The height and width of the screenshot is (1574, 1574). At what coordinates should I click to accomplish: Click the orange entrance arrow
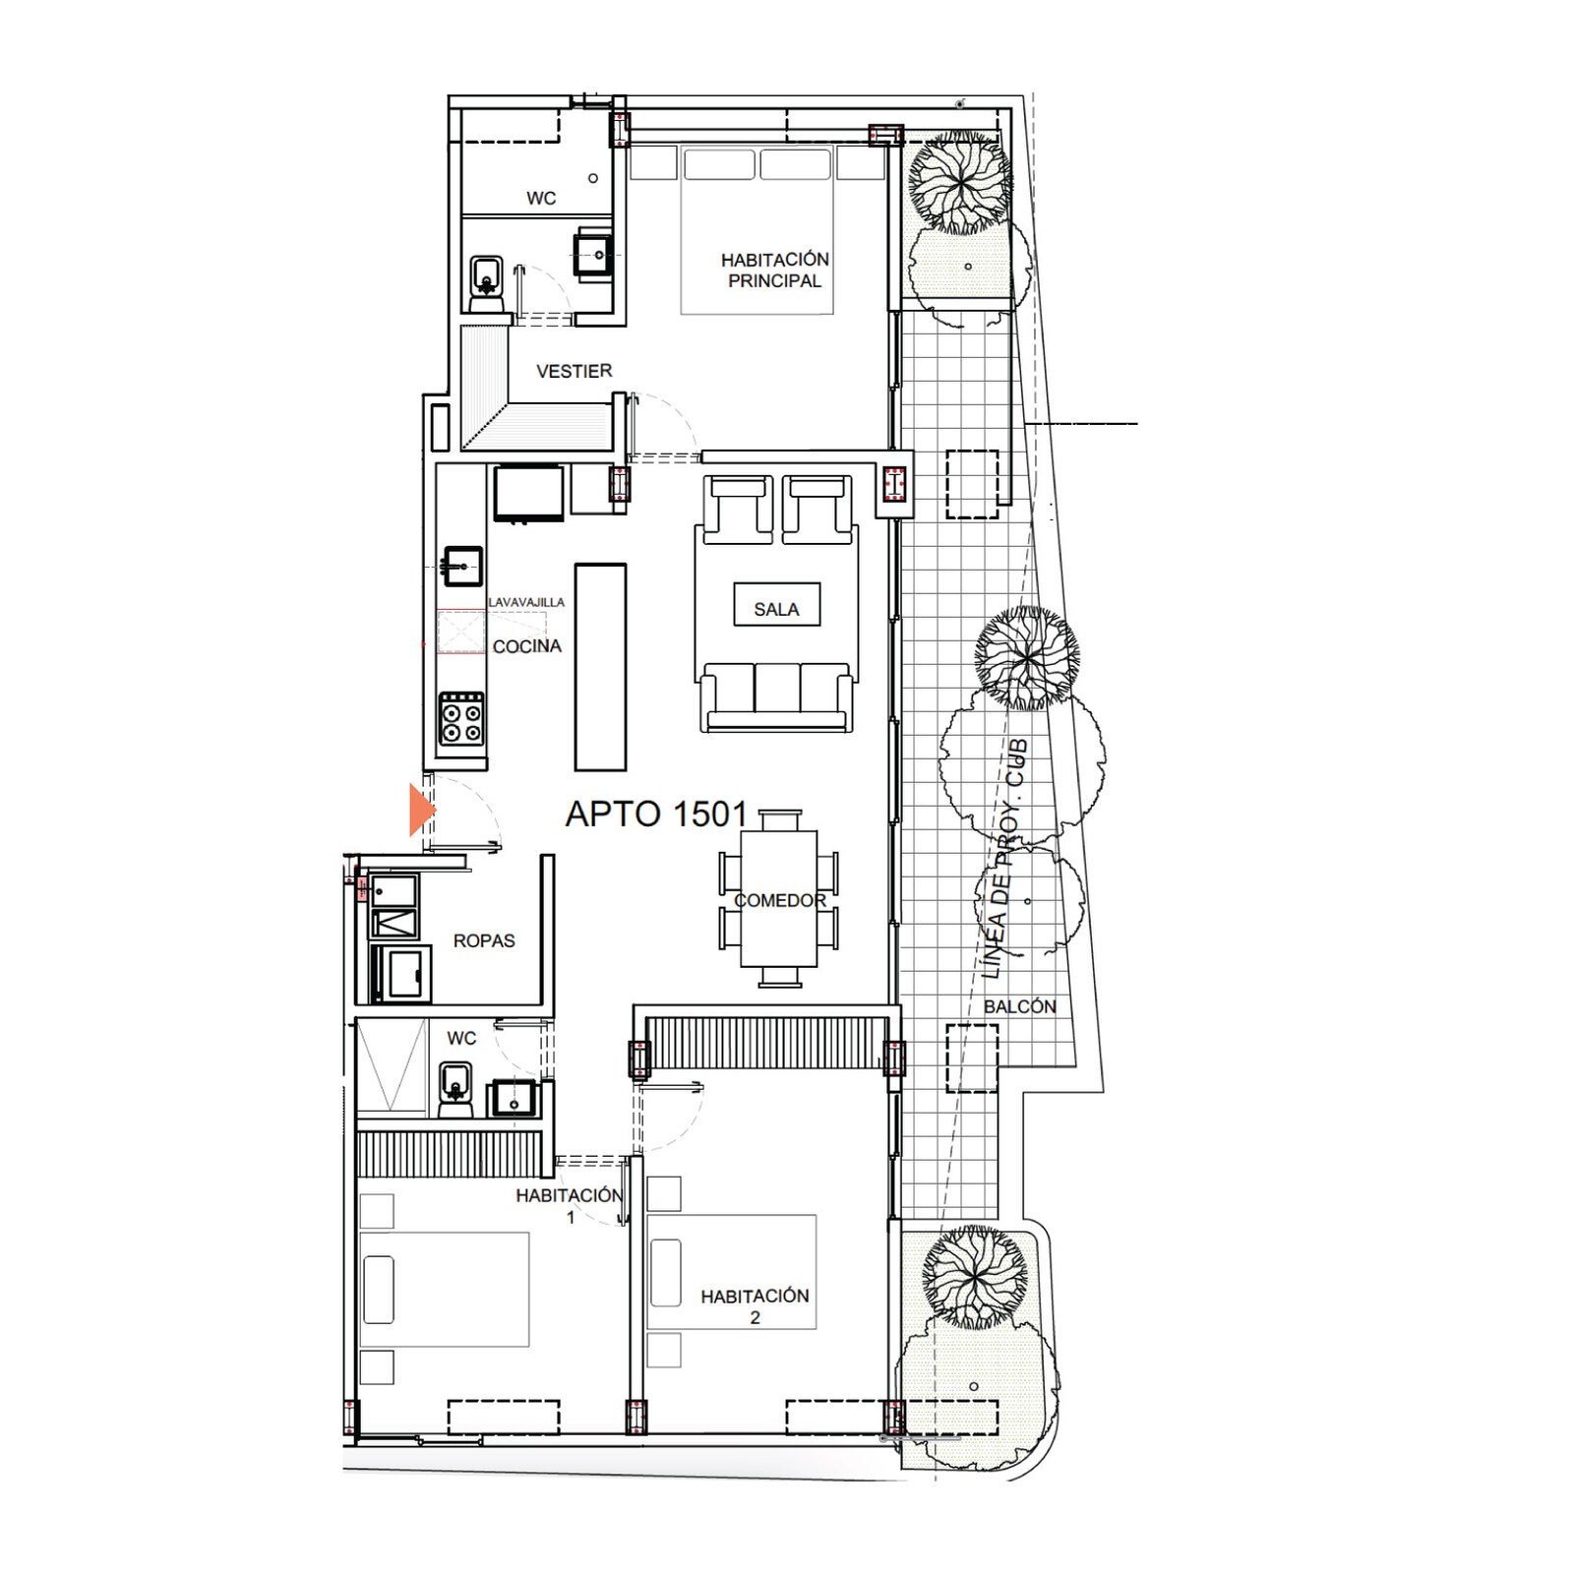(421, 810)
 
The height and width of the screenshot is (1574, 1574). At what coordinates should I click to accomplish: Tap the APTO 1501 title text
(656, 815)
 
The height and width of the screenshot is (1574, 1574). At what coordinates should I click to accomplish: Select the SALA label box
(776, 604)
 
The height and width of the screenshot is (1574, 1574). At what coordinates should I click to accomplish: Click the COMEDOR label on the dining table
(779, 900)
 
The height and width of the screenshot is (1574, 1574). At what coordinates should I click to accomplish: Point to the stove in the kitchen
(461, 719)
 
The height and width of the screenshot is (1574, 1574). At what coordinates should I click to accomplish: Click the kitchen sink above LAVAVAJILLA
(461, 566)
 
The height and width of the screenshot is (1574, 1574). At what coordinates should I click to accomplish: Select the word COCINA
(526, 646)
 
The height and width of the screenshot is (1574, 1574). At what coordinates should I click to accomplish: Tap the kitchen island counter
(600, 667)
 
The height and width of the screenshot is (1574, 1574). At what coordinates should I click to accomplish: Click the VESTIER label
(574, 371)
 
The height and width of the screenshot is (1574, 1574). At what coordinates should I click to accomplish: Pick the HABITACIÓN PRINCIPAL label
(774, 270)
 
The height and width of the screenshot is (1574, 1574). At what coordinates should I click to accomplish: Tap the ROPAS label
(484, 940)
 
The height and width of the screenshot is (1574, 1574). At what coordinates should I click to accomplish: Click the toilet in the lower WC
(454, 1089)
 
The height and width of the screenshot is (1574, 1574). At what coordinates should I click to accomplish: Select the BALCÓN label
(1019, 1006)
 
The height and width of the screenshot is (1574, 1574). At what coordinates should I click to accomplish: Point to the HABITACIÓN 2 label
(755, 1306)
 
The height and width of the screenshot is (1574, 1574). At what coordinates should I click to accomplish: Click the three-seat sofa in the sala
(776, 696)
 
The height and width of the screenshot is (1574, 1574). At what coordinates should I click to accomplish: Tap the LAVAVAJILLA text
(526, 602)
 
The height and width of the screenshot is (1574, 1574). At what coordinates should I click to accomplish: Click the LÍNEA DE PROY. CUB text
(1004, 859)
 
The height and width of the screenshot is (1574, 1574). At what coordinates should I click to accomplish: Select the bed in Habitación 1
(445, 1289)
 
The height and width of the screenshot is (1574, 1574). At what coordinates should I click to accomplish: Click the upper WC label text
(541, 199)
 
